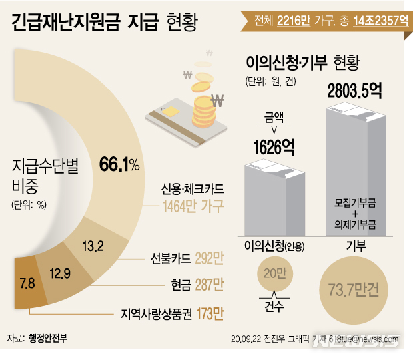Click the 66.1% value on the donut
[119, 164]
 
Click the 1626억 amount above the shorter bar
[273, 146]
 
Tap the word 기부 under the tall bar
[354, 245]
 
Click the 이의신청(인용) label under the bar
[274, 245]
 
